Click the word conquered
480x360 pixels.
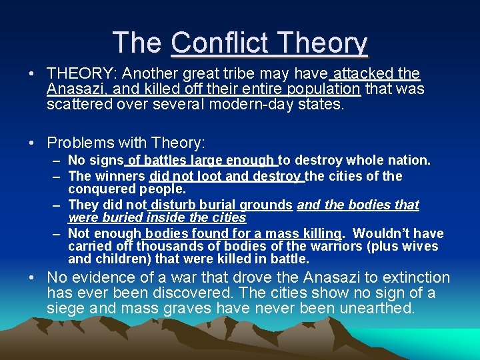coord(98,189)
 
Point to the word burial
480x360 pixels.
coord(220,205)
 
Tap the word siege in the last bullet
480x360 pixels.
coord(65,309)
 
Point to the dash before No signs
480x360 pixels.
coord(57,160)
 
